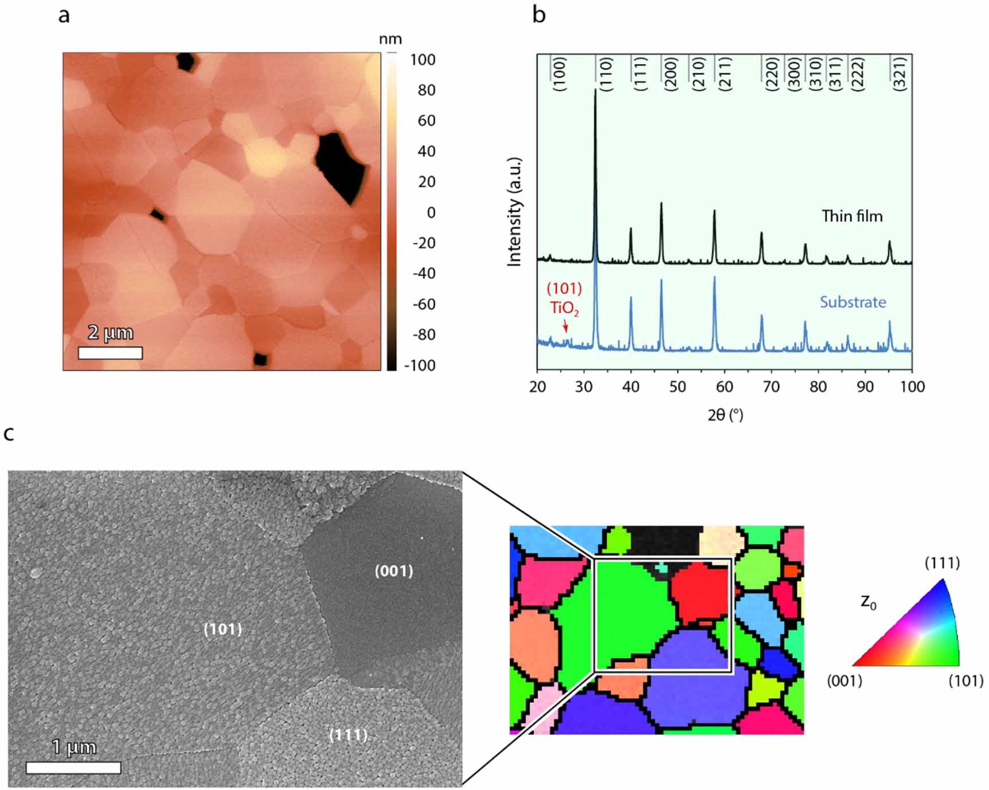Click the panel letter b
tap(538, 15)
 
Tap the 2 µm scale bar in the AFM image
tap(110, 353)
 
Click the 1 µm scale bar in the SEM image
tap(73, 768)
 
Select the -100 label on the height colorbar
tap(419, 366)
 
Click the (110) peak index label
tap(606, 74)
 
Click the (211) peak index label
tap(725, 74)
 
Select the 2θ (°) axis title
tap(725, 415)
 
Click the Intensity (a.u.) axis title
tap(515, 212)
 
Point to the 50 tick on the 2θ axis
tap(678, 387)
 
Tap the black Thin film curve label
tap(852, 216)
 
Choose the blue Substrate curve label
tap(853, 302)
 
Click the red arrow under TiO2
tap(566, 326)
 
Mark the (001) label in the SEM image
tap(394, 571)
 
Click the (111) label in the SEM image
tap(349, 735)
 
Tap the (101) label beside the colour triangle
tap(965, 681)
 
